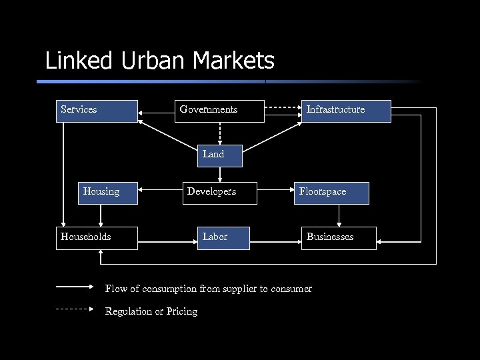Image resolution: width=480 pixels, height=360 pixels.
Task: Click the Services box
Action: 96,111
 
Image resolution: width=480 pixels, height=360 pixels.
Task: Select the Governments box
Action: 220,111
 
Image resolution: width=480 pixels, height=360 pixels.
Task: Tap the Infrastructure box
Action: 347,111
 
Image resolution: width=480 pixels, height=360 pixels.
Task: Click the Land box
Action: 219,155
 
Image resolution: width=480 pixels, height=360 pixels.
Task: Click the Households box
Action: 96,237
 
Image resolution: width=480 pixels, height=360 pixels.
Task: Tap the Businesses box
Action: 339,237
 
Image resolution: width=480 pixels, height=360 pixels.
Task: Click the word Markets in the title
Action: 234,61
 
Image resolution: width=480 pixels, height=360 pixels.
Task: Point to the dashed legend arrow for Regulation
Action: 75,309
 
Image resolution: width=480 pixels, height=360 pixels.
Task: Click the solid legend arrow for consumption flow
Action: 75,287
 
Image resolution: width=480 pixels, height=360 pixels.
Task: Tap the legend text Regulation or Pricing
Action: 151,312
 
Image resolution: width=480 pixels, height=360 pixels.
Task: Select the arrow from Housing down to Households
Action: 101,215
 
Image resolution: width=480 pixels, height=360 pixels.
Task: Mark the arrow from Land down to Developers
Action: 219,174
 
